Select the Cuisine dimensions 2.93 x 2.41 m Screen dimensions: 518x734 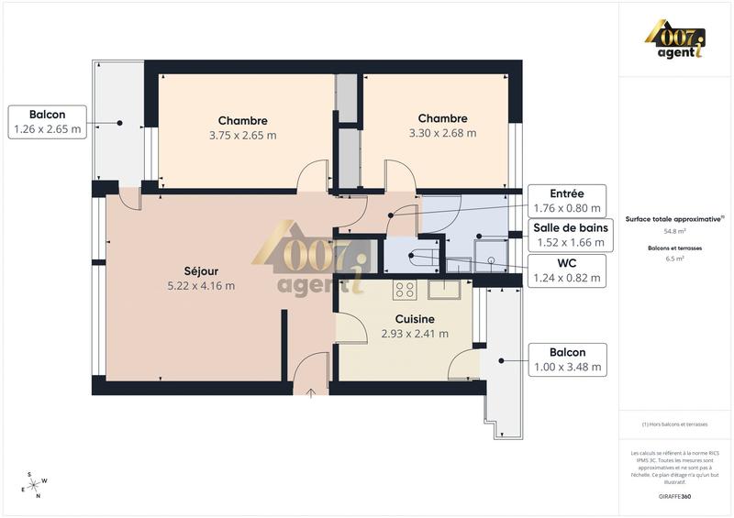415,334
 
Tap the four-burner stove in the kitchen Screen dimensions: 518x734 405,290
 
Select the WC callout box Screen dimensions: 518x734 568,271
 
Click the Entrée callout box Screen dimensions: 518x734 567,200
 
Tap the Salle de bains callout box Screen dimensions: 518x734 568,236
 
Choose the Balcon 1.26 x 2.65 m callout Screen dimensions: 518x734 47,122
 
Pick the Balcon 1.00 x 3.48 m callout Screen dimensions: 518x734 567,359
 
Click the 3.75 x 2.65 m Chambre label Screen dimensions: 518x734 243,127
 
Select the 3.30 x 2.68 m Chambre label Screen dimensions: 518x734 442,126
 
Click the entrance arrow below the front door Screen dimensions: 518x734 311,393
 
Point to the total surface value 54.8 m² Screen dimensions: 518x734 674,232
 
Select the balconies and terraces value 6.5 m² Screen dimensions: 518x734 674,259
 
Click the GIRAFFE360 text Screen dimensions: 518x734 674,496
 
